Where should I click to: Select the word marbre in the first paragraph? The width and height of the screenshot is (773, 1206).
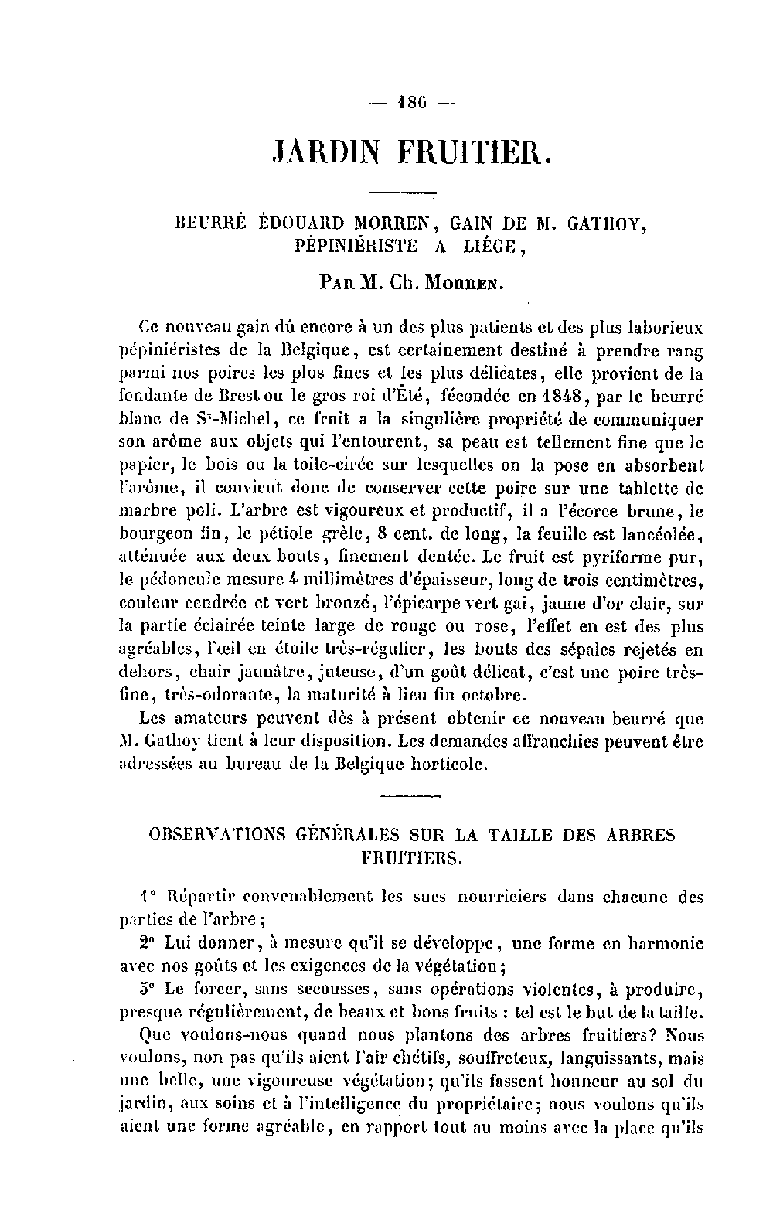(147, 512)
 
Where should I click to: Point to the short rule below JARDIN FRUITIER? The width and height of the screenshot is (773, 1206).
(404, 192)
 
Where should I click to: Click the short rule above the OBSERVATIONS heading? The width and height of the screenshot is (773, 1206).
(410, 795)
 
